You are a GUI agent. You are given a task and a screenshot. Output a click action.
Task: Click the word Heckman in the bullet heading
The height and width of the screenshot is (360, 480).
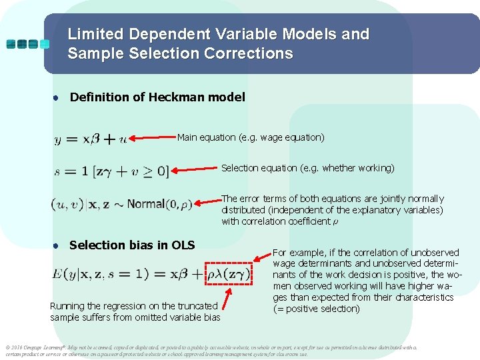[x=176, y=97]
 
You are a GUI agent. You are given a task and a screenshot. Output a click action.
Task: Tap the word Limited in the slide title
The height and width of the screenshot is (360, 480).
[x=95, y=34]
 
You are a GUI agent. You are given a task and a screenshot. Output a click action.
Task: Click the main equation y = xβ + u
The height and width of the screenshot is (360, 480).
[x=91, y=139]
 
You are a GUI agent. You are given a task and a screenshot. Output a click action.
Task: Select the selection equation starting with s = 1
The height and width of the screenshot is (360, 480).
[x=111, y=171]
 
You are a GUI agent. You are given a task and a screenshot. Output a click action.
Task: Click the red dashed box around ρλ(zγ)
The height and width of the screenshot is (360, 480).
[x=228, y=274]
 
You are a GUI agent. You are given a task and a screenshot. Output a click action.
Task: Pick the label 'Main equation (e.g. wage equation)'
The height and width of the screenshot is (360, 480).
[x=251, y=137]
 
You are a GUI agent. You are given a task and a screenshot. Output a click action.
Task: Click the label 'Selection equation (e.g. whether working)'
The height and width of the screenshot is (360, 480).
[x=307, y=167]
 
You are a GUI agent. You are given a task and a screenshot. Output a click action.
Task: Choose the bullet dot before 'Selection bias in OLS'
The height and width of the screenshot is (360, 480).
[x=57, y=245]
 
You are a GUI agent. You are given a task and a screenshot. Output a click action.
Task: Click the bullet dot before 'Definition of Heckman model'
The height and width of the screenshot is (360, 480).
[x=57, y=97]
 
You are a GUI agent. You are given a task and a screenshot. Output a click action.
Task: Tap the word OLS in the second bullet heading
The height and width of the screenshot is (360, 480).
[x=183, y=245]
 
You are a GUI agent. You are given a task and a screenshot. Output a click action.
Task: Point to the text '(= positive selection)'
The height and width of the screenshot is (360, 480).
[x=316, y=309]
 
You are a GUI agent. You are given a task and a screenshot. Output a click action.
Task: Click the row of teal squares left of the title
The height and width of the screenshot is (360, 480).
[x=27, y=44]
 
